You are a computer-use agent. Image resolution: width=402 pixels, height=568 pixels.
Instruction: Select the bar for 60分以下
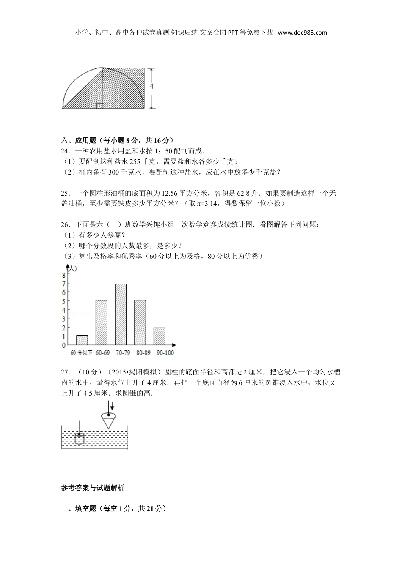click(82, 340)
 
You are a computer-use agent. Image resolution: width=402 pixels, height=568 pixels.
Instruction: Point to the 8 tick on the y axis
click(63, 275)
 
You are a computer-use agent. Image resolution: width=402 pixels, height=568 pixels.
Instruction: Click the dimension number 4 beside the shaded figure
click(151, 86)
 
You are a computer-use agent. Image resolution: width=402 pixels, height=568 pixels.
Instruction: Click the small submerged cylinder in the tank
click(80, 438)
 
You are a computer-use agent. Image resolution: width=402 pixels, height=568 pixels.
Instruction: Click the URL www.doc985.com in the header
click(303, 33)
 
